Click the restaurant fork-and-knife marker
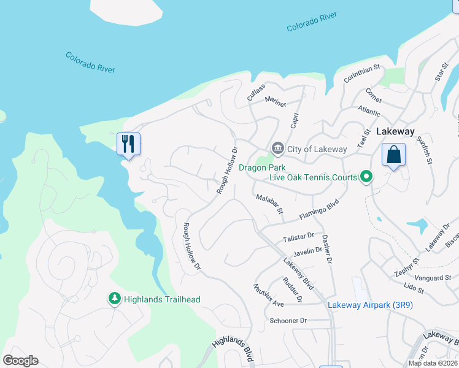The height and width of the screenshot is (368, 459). [128, 144]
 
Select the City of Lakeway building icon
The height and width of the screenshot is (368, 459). [277, 148]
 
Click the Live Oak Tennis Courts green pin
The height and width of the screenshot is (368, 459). [366, 177]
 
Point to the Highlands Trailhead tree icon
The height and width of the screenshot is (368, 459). [114, 299]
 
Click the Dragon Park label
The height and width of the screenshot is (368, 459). [263, 167]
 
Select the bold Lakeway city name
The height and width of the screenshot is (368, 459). [395, 131]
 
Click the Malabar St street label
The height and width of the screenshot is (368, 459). [268, 203]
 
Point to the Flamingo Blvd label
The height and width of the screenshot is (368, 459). [318, 208]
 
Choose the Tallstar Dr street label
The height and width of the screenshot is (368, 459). [299, 236]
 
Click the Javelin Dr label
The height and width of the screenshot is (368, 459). [308, 251]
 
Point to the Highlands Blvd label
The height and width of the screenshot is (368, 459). [233, 345]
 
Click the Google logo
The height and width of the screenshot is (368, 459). [20, 361]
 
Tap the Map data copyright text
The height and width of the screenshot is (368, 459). [433, 363]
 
